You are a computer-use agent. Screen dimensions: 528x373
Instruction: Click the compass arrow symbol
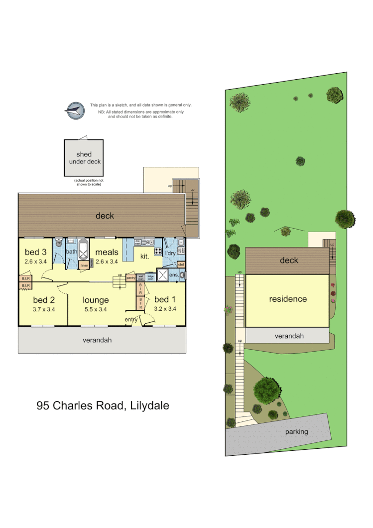click(75, 110)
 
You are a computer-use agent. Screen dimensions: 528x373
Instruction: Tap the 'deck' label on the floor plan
click(105, 216)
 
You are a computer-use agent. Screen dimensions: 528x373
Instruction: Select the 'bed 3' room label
click(35, 252)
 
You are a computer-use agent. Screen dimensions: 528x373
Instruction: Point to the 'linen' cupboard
click(84, 265)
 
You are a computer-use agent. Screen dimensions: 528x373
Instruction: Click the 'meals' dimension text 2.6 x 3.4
click(107, 261)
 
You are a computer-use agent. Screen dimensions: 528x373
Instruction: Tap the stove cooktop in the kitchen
click(158, 252)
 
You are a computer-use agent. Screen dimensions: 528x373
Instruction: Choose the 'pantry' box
click(131, 277)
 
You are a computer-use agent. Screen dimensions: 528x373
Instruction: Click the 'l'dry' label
click(171, 254)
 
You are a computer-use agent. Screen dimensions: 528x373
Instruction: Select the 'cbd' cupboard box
click(181, 264)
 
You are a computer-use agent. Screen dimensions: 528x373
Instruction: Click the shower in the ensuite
click(162, 275)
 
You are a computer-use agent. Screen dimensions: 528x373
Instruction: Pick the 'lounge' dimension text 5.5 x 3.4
click(96, 309)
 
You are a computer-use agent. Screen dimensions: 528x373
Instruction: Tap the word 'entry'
click(131, 320)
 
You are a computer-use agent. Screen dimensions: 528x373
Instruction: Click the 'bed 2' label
click(44, 300)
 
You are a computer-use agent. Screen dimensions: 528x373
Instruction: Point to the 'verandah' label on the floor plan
click(97, 340)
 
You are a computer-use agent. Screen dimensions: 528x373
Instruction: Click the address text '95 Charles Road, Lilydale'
click(103, 405)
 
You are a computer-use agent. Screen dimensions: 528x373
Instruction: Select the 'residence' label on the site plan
click(288, 299)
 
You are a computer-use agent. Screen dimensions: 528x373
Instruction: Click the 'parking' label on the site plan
click(297, 432)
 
